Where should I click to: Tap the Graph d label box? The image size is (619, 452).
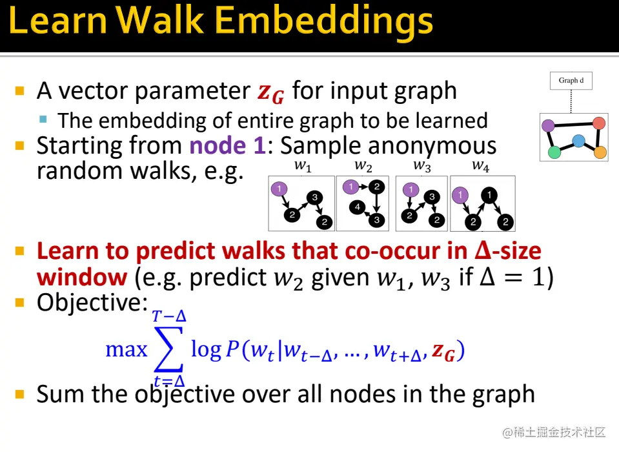click(x=571, y=81)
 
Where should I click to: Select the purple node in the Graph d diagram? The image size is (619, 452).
click(x=548, y=125)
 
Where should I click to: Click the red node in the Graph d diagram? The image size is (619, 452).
click(x=599, y=123)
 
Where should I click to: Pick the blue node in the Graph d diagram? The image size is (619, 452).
click(x=578, y=141)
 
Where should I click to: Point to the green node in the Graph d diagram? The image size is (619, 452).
click(x=554, y=152)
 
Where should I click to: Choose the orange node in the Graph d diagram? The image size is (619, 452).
click(x=600, y=152)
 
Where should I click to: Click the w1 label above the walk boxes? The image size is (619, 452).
click(x=303, y=166)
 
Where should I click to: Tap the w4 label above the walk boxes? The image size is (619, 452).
click(x=480, y=166)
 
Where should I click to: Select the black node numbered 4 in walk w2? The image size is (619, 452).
click(x=358, y=207)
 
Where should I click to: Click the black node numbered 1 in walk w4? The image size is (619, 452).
click(x=489, y=195)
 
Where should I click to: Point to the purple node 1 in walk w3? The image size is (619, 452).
click(x=411, y=190)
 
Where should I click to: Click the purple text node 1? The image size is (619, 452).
click(x=227, y=146)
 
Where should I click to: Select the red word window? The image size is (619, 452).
click(x=82, y=277)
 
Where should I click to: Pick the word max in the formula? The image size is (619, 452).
click(x=127, y=349)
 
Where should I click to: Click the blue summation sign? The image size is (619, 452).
click(x=169, y=349)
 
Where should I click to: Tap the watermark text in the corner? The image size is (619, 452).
click(x=553, y=433)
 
